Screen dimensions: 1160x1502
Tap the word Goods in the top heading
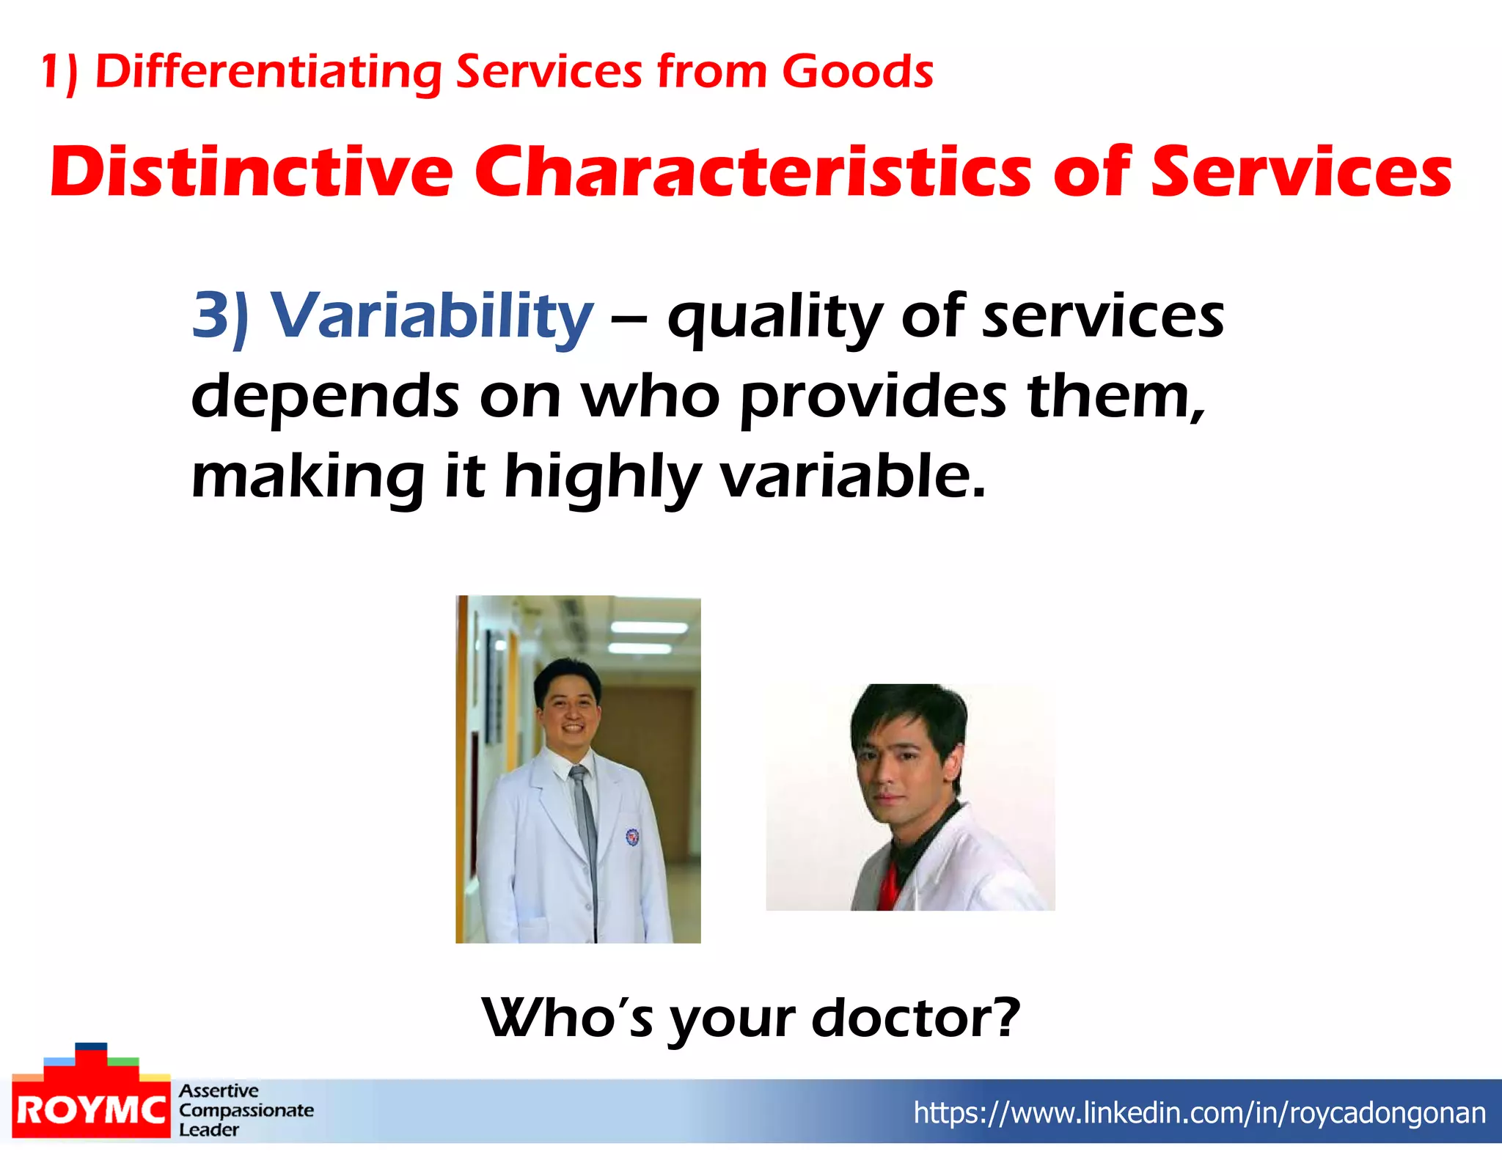coord(857,72)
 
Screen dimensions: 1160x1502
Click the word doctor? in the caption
coord(916,1018)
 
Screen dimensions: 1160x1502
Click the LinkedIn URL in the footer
coord(1199,1112)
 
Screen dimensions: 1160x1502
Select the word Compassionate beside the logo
coord(246,1110)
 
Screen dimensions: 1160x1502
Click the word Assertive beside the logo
coord(219,1090)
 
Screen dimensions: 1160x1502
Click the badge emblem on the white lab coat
coord(631,836)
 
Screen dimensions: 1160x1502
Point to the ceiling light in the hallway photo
coord(648,628)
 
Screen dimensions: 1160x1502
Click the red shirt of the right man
coord(888,884)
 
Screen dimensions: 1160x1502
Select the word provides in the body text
coord(873,397)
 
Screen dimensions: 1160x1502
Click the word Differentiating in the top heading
coord(268,72)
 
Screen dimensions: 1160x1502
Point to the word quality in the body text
coord(774,317)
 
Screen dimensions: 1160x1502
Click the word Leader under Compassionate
coord(209,1130)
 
